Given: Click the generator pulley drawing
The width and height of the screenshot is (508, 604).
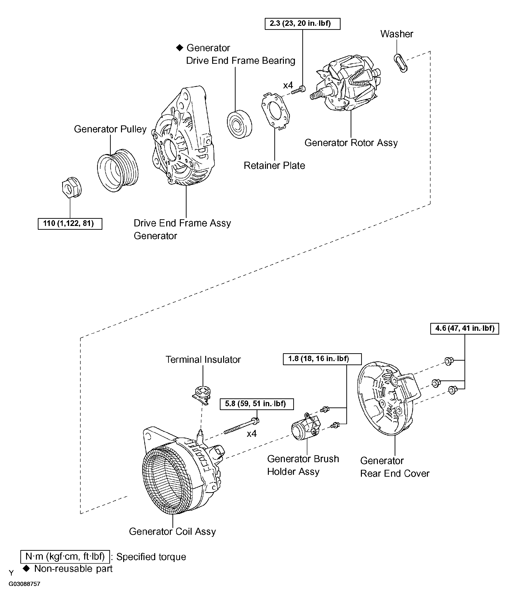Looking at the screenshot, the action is click(117, 170).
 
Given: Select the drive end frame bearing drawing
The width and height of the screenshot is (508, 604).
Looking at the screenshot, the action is click(239, 124).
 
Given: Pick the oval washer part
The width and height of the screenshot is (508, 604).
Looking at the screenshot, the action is click(401, 63).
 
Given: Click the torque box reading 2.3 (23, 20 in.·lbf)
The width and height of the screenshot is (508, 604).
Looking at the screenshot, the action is click(302, 24).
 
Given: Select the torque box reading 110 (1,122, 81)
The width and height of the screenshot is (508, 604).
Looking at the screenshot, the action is click(70, 224).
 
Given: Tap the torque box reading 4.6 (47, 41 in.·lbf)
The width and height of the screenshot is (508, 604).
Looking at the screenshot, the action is click(464, 328).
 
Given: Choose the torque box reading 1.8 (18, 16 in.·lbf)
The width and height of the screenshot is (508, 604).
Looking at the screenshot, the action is click(322, 359).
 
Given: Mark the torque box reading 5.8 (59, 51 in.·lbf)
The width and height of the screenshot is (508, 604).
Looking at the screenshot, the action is click(257, 404).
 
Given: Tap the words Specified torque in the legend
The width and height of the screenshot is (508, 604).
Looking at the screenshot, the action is click(151, 557).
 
